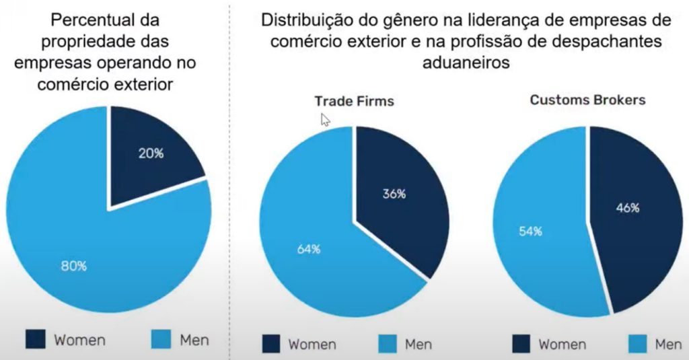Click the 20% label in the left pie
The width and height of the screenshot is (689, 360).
pos(151,153)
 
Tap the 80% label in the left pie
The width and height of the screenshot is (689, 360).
pos(74,266)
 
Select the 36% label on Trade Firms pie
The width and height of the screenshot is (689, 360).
pos(394,194)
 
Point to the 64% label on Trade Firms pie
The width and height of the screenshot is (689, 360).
pos(308,249)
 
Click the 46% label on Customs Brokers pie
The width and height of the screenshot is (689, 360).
pos(628,208)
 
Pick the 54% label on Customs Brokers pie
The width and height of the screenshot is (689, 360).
pos(530,231)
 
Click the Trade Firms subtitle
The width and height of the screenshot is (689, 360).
pos(354,101)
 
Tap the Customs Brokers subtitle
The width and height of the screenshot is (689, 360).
pos(587,100)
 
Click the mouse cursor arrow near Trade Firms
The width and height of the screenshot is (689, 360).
pos(325,120)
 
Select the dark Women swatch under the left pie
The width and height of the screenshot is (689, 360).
pos(35,339)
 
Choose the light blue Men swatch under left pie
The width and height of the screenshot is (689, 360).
pos(161,339)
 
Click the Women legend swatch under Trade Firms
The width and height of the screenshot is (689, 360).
pos(271,344)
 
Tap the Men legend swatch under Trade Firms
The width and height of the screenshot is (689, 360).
pos(387,344)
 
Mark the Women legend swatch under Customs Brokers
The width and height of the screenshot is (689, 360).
pos(521,344)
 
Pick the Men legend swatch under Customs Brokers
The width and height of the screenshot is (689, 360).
pos(638,344)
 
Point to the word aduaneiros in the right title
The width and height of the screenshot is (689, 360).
pos(466,63)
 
